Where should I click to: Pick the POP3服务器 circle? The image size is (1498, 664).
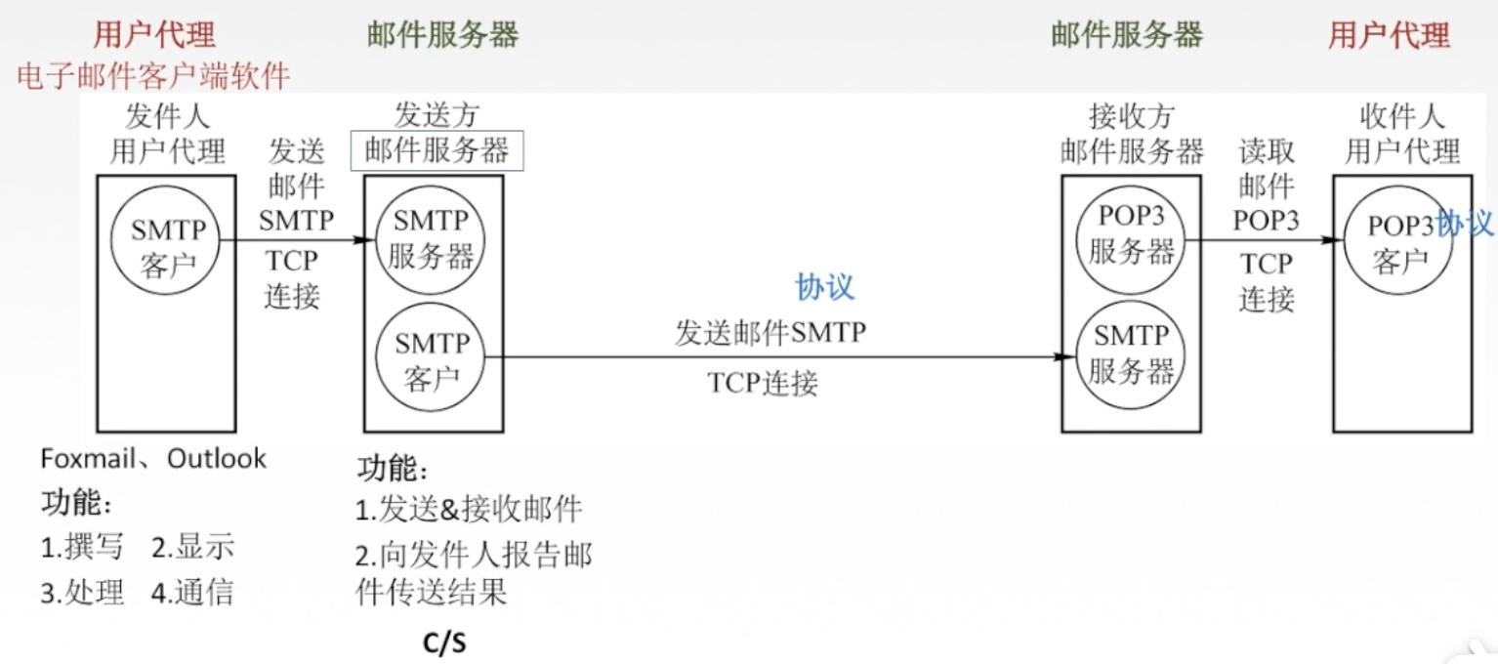pos(1131,237)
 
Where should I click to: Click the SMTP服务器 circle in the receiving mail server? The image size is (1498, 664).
pos(1131,356)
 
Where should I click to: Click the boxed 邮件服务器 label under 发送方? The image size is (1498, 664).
pos(437,151)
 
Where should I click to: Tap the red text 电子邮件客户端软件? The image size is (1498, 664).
pos(153,75)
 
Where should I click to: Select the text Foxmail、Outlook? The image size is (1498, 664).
pos(153,459)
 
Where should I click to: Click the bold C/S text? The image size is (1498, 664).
pos(444,643)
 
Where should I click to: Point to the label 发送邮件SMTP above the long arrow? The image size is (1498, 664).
pos(770,334)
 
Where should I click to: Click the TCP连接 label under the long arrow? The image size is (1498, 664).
pos(763,384)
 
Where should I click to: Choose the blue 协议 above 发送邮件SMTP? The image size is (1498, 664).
pos(825,287)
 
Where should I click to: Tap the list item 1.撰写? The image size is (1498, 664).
pos(82,548)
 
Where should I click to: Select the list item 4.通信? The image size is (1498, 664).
pos(192,593)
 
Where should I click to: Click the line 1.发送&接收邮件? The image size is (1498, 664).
pos(469,509)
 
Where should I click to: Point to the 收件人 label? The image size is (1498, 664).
pos(1401,118)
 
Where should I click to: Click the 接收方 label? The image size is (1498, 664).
pos(1131,118)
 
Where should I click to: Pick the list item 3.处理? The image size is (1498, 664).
pos(82,593)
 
